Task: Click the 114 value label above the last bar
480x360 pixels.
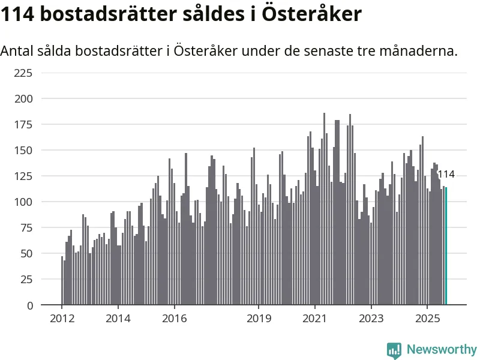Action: click(x=446, y=175)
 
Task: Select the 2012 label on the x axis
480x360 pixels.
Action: click(x=62, y=318)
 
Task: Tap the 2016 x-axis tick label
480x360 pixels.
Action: click(x=174, y=318)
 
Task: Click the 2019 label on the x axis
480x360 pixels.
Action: click(x=259, y=318)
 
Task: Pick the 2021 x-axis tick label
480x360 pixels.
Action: click(x=315, y=318)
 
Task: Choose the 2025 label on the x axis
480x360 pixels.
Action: click(x=427, y=318)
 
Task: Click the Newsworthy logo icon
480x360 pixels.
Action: click(x=394, y=350)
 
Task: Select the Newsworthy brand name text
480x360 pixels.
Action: click(x=442, y=349)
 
